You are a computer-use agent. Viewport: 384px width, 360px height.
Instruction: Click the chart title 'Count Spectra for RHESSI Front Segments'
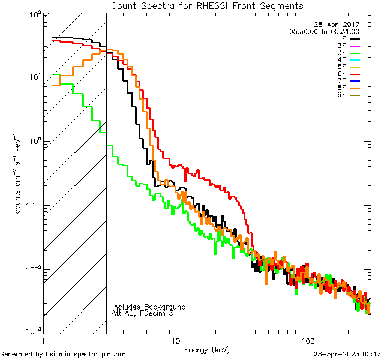[207, 5]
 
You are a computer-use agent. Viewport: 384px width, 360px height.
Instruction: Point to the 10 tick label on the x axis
[175, 341]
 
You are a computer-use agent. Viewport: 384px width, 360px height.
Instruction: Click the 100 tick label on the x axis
[307, 341]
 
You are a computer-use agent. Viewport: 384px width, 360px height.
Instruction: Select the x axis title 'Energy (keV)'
[206, 349]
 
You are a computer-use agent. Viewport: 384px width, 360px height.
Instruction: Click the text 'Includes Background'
[149, 307]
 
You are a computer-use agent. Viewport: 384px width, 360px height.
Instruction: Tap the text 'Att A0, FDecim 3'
[143, 313]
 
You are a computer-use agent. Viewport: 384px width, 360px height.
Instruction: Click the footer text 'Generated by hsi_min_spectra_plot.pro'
[63, 354]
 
